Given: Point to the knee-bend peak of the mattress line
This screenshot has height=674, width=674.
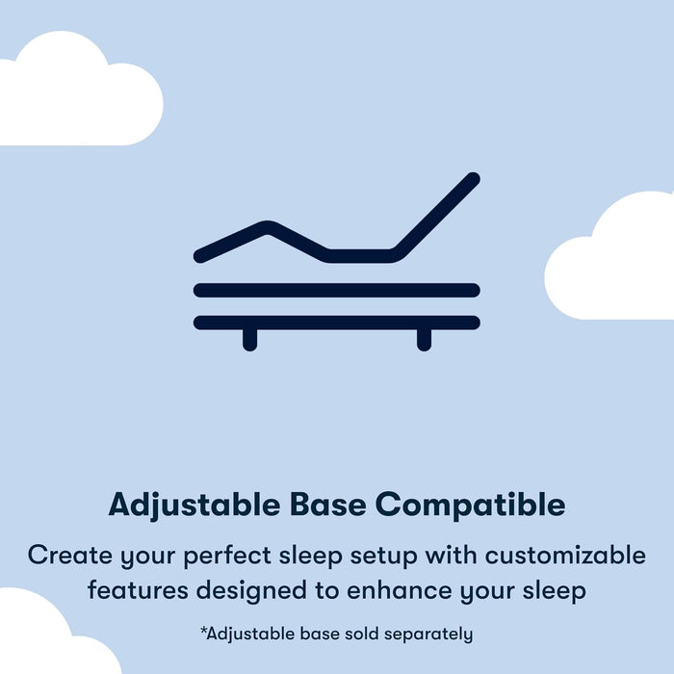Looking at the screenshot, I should pyautogui.click(x=267, y=227).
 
